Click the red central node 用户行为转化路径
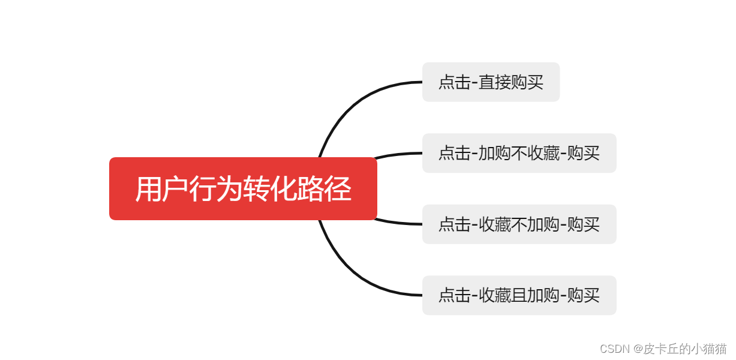[243, 188]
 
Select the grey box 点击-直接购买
[491, 82]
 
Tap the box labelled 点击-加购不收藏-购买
[519, 153]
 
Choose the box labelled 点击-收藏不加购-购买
[519, 224]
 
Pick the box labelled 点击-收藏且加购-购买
[519, 295]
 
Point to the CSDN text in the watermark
[613, 349]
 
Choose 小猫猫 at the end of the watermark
[710, 349]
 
